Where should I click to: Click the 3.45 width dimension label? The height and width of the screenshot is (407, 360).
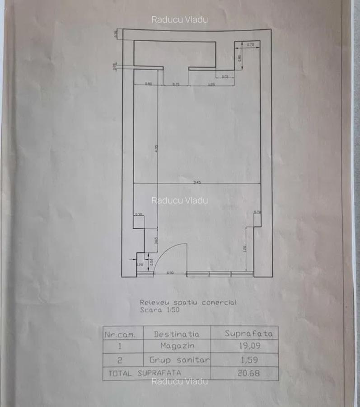pyautogui.click(x=196, y=181)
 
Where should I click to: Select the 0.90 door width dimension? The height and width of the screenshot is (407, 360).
pyautogui.click(x=170, y=273)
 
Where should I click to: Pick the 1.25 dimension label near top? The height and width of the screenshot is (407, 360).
pyautogui.click(x=211, y=84)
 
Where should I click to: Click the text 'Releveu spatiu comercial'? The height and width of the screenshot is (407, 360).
pyautogui.click(x=188, y=303)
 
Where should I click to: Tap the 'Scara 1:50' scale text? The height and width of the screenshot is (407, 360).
pyautogui.click(x=159, y=310)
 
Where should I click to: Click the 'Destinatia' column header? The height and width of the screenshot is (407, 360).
pyautogui.click(x=177, y=334)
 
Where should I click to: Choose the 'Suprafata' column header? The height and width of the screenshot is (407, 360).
pyautogui.click(x=249, y=334)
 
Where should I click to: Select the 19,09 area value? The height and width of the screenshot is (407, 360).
pyautogui.click(x=250, y=346)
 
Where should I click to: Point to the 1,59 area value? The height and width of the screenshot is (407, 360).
pyautogui.click(x=249, y=360)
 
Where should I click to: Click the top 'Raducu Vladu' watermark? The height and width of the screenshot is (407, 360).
pyautogui.click(x=180, y=19)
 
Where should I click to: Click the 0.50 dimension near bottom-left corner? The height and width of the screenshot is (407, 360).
pyautogui.click(x=151, y=261)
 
